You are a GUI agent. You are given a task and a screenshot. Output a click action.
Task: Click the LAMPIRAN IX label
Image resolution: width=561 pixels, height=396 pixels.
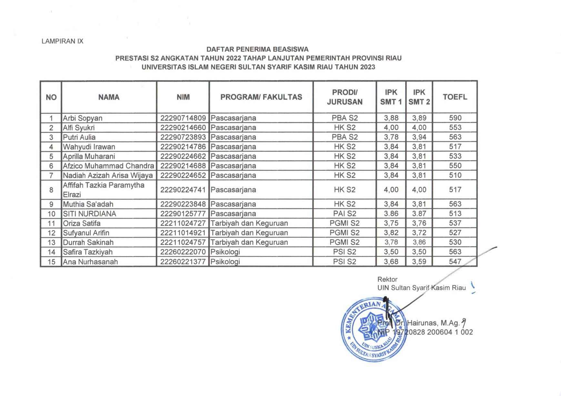63,41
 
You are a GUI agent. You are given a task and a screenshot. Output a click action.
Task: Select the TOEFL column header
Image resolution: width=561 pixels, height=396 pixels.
455,97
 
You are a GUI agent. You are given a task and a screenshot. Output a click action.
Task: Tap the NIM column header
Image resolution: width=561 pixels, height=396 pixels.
183,97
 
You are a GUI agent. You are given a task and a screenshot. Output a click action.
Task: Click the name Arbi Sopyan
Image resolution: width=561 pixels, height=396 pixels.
82,118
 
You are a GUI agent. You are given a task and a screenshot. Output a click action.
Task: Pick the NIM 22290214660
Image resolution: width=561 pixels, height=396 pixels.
183,127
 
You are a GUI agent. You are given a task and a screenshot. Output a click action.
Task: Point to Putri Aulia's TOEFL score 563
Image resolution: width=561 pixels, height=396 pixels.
455,137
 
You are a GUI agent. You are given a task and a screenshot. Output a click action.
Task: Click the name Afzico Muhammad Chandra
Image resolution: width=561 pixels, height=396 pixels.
108,166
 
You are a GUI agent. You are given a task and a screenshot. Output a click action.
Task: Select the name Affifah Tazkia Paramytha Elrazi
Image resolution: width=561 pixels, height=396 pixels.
104,190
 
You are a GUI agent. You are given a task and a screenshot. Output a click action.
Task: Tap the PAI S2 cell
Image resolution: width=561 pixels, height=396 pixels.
345,214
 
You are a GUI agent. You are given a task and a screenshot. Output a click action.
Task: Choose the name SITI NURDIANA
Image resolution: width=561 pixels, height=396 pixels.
89,214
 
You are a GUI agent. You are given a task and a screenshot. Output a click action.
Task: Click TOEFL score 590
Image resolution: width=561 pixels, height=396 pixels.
455,118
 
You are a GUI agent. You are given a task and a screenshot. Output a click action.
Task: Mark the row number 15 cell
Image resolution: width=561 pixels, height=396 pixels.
51,262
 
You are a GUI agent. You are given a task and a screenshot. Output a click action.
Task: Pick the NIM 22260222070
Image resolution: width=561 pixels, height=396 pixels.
183,252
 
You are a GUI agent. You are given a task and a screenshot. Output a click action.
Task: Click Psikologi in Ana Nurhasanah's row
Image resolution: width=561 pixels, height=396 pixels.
225,262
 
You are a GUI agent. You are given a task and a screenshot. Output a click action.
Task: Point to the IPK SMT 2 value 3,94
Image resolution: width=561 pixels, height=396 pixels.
419,137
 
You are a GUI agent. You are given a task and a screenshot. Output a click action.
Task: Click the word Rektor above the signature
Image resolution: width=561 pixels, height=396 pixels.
387,279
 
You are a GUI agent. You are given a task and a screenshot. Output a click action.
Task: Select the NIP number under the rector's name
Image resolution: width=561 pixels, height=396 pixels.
425,332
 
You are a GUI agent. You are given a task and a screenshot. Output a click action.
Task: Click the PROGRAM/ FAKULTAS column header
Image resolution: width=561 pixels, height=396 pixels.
261,97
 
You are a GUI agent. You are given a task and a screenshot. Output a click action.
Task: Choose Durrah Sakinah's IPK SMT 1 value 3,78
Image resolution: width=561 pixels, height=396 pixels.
391,242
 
